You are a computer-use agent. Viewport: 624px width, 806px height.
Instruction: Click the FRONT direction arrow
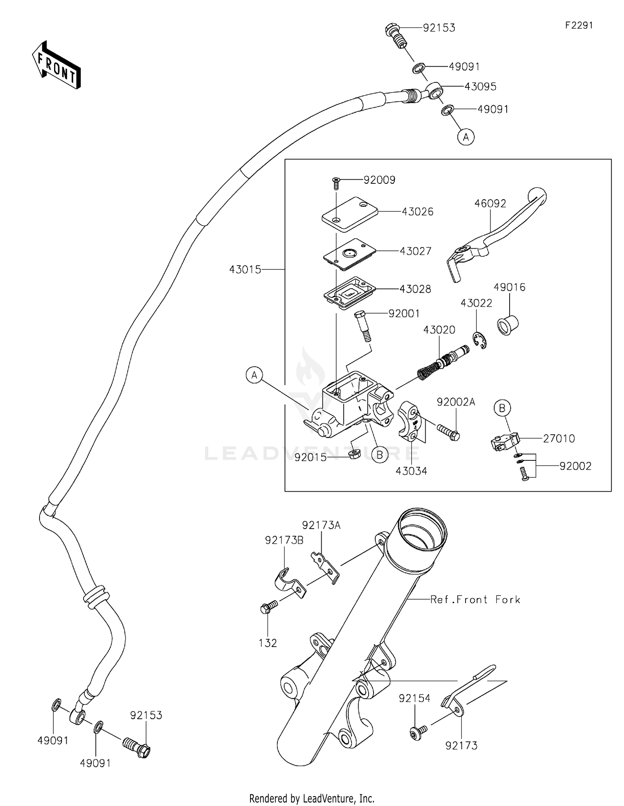coord(56,65)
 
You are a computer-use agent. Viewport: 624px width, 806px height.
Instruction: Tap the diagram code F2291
coord(579,25)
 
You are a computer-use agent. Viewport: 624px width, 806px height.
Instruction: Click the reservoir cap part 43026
coord(349,214)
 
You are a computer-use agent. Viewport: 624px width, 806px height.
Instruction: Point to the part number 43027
coord(415,251)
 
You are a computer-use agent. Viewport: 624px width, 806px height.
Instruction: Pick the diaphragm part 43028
coord(349,293)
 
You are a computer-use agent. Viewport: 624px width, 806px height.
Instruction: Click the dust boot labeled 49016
coord(508,325)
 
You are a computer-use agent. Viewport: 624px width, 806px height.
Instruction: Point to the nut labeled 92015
coord(354,453)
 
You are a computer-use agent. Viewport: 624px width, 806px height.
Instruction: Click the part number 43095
coord(480,87)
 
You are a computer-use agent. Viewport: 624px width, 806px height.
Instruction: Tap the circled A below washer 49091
coord(466,136)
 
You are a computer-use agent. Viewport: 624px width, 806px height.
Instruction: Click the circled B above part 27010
coord(502,408)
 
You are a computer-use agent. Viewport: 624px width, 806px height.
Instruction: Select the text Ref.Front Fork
coord(475,599)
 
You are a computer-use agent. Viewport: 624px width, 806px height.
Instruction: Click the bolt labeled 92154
coord(417,733)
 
